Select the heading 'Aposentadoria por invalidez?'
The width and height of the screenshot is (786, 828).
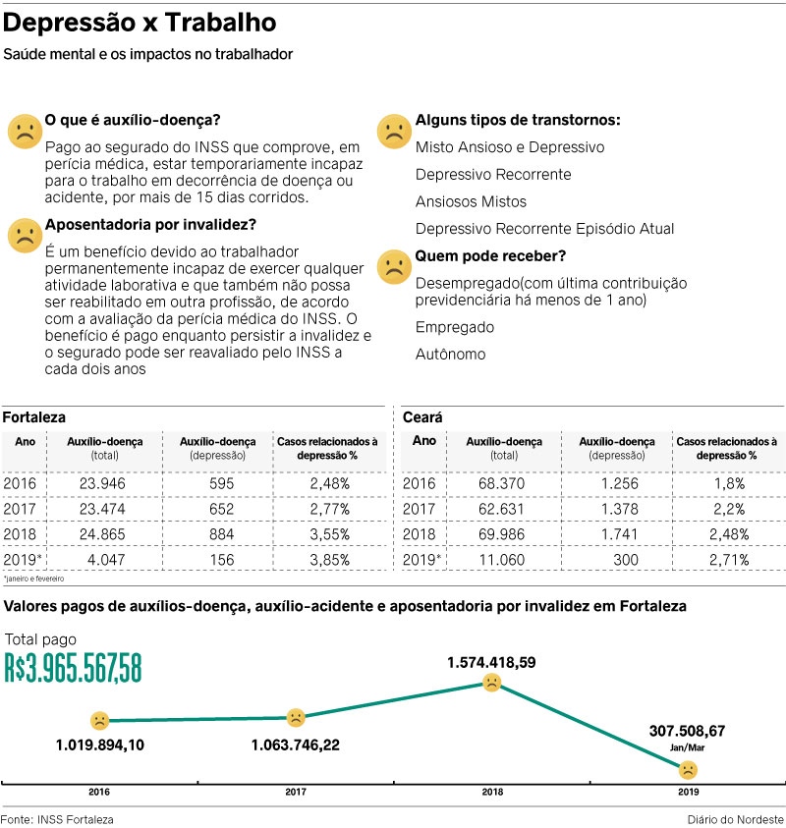[x=150, y=225]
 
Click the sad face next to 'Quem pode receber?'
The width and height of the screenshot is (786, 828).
[x=393, y=266]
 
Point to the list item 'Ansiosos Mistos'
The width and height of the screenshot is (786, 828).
[x=471, y=201]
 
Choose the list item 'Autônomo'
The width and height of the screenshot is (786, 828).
[x=450, y=354]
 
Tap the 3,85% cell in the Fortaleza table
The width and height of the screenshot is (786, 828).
[x=329, y=560]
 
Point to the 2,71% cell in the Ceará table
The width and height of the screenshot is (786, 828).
[x=726, y=560]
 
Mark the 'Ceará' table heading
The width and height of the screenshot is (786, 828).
[x=423, y=417]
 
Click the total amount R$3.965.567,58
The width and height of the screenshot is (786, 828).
[x=73, y=668]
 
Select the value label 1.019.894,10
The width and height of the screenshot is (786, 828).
[x=100, y=745]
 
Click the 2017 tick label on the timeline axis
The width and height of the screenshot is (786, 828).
[x=295, y=791]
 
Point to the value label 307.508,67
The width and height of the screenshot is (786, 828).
[x=687, y=731]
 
